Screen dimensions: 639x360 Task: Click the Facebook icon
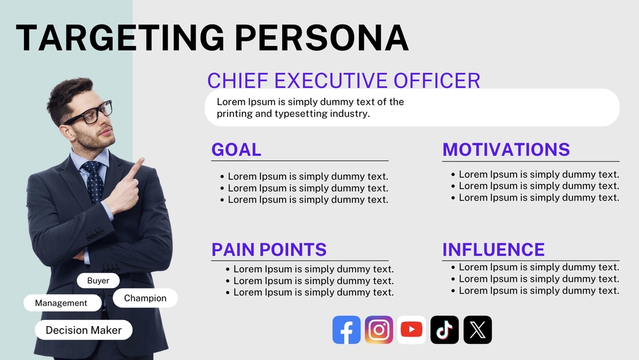pyautogui.click(x=346, y=329)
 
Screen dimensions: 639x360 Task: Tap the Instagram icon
pyautogui.click(x=379, y=329)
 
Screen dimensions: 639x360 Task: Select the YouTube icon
pyautogui.click(x=411, y=329)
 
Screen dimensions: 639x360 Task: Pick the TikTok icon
pyautogui.click(x=445, y=329)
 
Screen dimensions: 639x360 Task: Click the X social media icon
pyautogui.click(x=478, y=329)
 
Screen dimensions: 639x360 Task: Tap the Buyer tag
pyautogui.click(x=99, y=281)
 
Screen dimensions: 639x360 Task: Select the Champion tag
pyautogui.click(x=145, y=298)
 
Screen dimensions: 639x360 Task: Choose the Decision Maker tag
pyautogui.click(x=84, y=330)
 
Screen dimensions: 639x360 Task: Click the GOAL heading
pyautogui.click(x=236, y=150)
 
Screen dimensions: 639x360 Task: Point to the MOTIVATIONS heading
pyautogui.click(x=506, y=150)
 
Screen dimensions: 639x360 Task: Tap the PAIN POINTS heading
pyautogui.click(x=269, y=250)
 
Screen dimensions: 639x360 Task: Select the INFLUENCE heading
pyautogui.click(x=493, y=250)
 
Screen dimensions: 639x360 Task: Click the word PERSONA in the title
pyautogui.click(x=322, y=38)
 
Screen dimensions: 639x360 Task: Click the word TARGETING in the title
pyautogui.click(x=120, y=38)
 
